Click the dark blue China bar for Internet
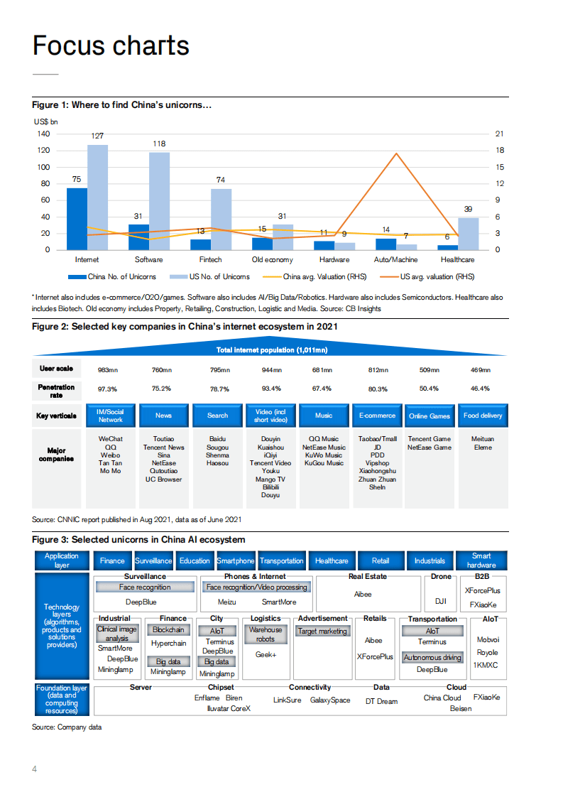[77, 219]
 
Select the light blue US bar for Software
[159, 201]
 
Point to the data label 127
[98, 136]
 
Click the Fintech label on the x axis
[210, 260]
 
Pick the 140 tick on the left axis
[43, 134]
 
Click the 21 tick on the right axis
[499, 134]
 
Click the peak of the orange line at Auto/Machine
[396, 153]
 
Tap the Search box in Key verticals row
[218, 416]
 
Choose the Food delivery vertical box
[483, 416]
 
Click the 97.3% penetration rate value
[107, 389]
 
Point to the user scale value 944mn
[272, 369]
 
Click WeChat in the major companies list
[110, 439]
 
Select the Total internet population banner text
[272, 350]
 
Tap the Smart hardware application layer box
[482, 560]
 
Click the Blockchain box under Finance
[168, 630]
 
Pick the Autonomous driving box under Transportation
[432, 658]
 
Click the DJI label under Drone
[440, 601]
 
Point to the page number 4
[34, 769]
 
